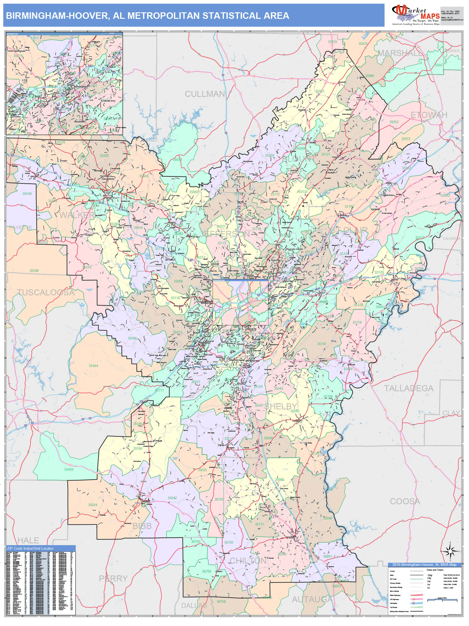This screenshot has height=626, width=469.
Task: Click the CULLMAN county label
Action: click(205, 94)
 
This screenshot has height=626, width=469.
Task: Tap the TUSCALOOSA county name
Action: click(46, 292)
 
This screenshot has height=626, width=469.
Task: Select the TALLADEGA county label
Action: click(408, 388)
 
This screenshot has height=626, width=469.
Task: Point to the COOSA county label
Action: click(405, 501)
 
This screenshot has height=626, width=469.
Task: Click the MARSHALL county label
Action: click(399, 53)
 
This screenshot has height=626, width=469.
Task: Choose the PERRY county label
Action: click(113, 578)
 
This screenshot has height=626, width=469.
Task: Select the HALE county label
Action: click(28, 540)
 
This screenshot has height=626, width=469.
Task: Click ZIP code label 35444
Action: click(93, 366)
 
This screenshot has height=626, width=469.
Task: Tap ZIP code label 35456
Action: click(69, 469)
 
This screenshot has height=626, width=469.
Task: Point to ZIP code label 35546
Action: click(34, 270)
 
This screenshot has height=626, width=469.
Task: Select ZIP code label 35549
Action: click(27, 194)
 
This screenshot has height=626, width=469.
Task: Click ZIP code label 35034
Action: click(92, 505)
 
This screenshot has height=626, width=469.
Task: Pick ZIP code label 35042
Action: click(172, 498)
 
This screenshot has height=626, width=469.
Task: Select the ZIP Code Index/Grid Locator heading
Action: click(30, 548)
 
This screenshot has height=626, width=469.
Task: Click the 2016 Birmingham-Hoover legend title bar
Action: click(424, 564)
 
